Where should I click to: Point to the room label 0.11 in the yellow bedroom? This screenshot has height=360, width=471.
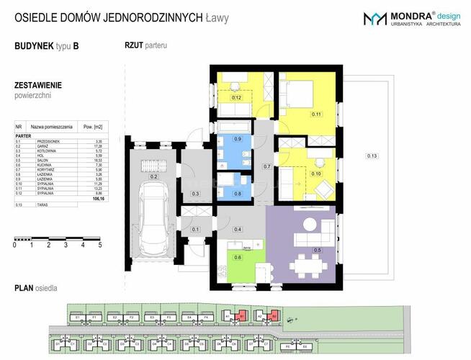click(x=315, y=114)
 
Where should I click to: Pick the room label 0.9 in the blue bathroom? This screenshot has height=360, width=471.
click(x=239, y=138)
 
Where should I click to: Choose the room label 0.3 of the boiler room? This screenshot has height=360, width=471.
click(x=195, y=194)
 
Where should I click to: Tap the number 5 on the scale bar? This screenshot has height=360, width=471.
click(x=99, y=245)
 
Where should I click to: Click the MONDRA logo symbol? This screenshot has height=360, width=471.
click(x=375, y=19)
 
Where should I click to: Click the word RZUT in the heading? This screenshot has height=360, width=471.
click(x=133, y=45)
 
